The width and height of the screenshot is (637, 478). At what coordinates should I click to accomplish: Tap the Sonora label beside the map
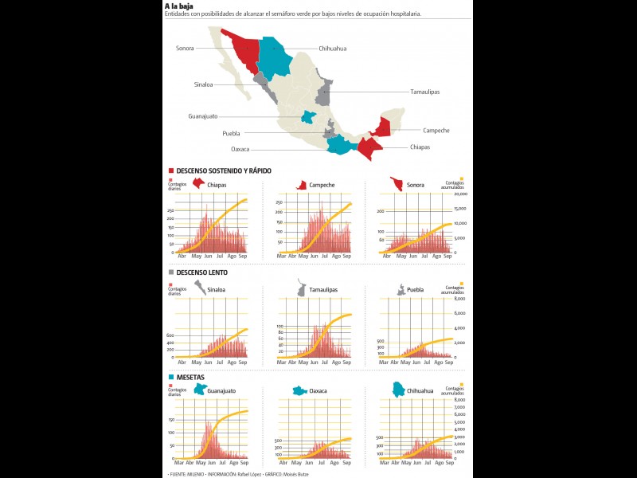[x=185, y=49]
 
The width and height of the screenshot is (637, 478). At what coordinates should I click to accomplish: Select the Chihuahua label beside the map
[x=332, y=49]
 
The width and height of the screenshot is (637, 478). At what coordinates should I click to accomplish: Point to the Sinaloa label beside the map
[x=203, y=84]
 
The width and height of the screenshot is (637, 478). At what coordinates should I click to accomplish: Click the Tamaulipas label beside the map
[x=424, y=92]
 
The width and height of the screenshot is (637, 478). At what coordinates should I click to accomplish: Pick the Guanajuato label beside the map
[x=203, y=116]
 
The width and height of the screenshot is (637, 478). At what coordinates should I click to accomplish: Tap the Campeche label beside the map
[x=436, y=130]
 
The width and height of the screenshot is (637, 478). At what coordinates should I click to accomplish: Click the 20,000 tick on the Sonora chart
[x=460, y=194]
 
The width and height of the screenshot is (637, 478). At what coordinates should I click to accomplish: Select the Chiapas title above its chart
[x=217, y=186]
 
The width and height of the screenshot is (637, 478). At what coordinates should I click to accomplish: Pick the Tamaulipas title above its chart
[x=322, y=290]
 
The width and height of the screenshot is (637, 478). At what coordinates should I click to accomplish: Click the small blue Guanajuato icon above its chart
[x=199, y=390]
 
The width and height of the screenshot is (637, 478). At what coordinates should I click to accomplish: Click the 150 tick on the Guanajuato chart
[x=171, y=419]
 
